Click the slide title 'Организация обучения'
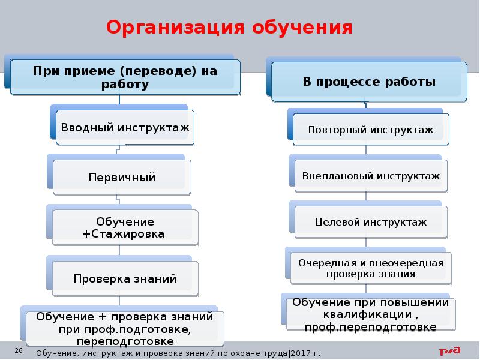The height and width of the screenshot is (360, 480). (229, 28)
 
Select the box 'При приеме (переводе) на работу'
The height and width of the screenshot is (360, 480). (125, 77)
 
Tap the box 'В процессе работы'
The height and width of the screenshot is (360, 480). (369, 82)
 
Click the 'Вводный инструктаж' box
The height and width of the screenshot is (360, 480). (125, 128)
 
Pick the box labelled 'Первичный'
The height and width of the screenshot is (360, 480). (122, 178)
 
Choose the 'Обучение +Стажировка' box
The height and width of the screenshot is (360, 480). (122, 227)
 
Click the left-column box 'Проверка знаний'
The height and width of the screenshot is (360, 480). (125, 278)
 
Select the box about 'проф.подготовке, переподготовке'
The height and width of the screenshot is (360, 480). (125, 329)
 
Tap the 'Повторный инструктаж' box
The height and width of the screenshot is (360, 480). (370, 130)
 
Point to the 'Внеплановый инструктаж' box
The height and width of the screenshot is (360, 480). (371, 176)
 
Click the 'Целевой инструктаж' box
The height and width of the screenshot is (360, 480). (371, 222)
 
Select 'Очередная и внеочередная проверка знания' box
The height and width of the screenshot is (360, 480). (371, 268)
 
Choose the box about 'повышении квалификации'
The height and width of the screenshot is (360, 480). (370, 314)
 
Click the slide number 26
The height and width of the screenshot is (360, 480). (19, 350)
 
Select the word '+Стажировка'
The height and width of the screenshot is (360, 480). (122, 233)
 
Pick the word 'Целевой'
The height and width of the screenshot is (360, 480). (334, 222)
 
